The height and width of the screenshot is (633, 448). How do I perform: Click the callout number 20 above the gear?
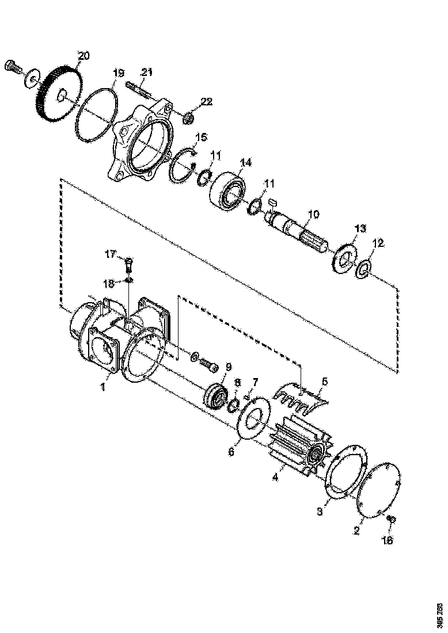[83, 55]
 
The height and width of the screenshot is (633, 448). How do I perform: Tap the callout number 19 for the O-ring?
[118, 73]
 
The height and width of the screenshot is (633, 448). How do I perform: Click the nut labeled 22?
[188, 119]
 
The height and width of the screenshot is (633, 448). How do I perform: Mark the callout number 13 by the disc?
[359, 228]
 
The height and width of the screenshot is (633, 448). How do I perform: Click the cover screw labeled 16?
[391, 520]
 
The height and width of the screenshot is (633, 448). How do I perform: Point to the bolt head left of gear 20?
[12, 66]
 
